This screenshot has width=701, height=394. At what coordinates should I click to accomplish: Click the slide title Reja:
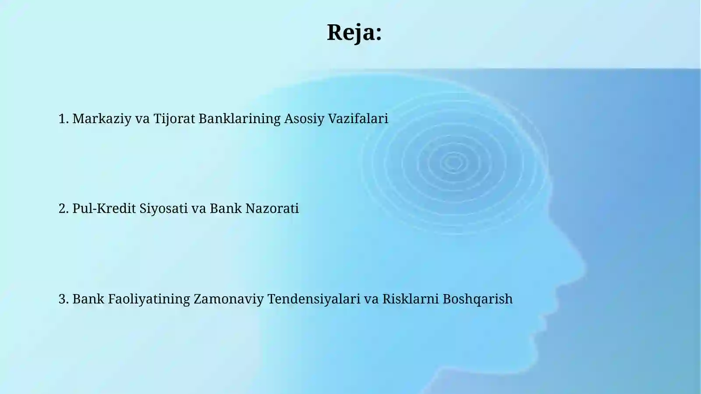(x=354, y=32)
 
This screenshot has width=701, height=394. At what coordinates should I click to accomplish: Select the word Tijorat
(x=174, y=119)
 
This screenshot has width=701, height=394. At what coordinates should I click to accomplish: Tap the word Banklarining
(x=239, y=119)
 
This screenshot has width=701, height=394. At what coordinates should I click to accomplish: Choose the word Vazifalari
(x=358, y=119)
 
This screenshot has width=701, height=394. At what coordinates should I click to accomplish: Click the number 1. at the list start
(x=64, y=119)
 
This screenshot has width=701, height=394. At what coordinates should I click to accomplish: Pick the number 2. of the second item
(x=64, y=209)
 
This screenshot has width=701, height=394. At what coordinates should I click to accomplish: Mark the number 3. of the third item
(x=64, y=299)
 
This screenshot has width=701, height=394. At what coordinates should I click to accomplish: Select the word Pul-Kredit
(x=104, y=209)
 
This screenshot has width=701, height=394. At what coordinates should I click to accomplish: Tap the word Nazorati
(x=272, y=209)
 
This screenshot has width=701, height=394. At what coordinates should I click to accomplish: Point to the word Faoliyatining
(x=149, y=299)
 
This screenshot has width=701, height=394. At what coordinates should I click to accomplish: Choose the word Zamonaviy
(x=228, y=299)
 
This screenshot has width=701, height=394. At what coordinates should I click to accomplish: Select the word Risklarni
(x=410, y=299)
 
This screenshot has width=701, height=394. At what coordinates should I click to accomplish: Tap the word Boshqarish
(x=477, y=299)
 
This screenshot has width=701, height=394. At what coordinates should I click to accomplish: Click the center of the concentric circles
(x=453, y=163)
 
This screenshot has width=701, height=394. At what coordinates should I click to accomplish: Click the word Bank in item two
(x=225, y=209)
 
